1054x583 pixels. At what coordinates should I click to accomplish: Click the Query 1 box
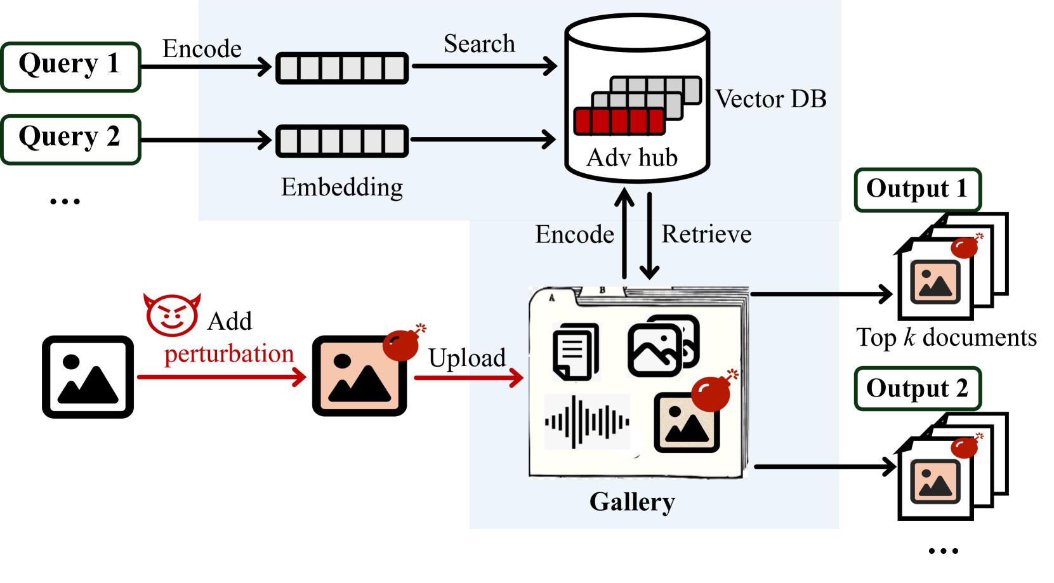[70, 67]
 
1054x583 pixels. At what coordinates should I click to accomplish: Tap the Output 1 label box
[917, 190]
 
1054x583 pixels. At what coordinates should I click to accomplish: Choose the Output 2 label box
[917, 388]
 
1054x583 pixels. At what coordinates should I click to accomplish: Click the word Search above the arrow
[479, 44]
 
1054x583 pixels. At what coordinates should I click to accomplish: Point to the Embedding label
[342, 188]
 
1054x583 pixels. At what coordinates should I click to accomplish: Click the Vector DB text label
[770, 100]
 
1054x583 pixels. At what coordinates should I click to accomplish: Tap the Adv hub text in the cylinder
[632, 158]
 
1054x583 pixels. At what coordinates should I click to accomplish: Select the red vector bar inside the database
[619, 121]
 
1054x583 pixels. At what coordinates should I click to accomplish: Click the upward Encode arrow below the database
[624, 235]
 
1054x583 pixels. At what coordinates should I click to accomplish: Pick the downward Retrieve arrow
[649, 235]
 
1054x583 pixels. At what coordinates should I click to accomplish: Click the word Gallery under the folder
[632, 502]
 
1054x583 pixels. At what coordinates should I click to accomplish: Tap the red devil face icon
[172, 315]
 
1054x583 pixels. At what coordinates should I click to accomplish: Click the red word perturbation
[229, 354]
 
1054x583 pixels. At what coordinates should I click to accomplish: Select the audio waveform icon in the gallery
[587, 421]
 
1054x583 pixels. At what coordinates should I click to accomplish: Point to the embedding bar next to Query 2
[342, 140]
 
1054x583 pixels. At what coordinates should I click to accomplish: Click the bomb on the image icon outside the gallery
[402, 344]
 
